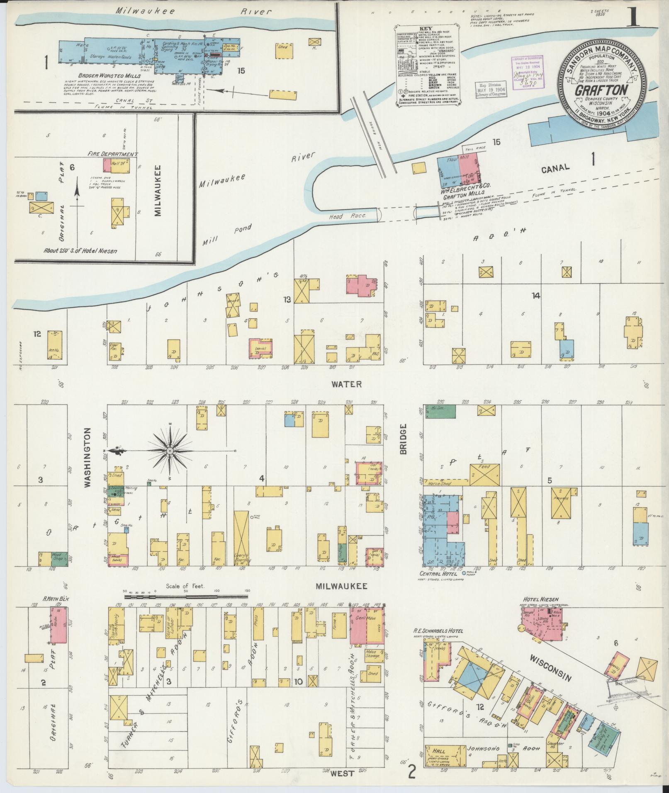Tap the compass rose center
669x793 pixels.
[170, 450]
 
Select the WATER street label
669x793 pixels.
[347, 384]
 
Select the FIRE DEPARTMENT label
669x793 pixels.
[112, 154]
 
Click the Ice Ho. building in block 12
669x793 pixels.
[55, 344]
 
